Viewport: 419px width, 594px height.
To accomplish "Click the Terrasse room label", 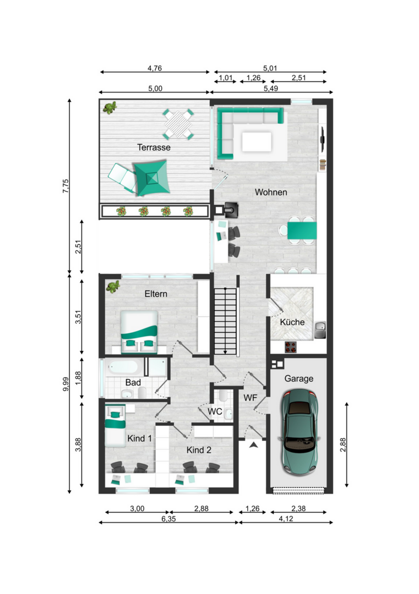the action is click(154, 147).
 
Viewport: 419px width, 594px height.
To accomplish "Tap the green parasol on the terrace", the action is click(151, 178).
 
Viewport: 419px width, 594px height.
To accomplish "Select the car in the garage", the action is click(299, 433).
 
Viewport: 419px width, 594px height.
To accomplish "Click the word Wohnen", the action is click(271, 192).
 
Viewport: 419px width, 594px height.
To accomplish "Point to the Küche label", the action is click(292, 322).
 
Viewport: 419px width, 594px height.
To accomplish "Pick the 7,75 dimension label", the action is click(66, 186).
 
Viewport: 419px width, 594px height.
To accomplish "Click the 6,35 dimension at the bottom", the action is click(168, 519).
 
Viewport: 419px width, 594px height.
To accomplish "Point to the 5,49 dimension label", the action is click(271, 88).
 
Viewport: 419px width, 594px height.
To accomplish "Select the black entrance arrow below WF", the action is click(254, 445).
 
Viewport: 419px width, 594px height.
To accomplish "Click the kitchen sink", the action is click(320, 329).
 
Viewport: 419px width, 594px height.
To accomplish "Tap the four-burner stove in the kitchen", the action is click(291, 347).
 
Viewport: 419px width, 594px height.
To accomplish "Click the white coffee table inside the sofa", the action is click(257, 141).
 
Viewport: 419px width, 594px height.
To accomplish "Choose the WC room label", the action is click(215, 411).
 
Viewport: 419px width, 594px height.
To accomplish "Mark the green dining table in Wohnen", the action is click(302, 230).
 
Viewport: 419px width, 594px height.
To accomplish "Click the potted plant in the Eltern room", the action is click(113, 287).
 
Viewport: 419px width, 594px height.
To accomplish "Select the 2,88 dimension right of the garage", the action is click(343, 445).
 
